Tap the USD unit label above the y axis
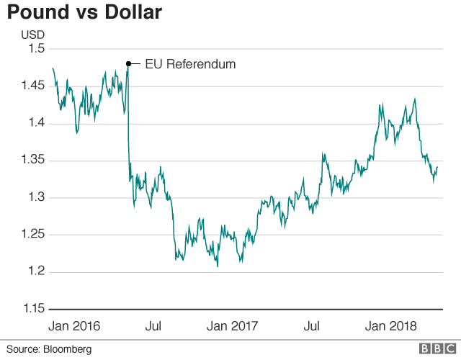32,34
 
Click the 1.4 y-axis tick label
36,123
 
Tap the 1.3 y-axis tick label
36,197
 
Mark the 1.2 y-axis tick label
36,271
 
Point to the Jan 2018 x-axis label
390,326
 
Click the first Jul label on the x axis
153,326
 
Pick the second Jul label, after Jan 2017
312,326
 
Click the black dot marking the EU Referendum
128,64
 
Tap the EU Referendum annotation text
191,64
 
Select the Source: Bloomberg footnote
50,349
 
